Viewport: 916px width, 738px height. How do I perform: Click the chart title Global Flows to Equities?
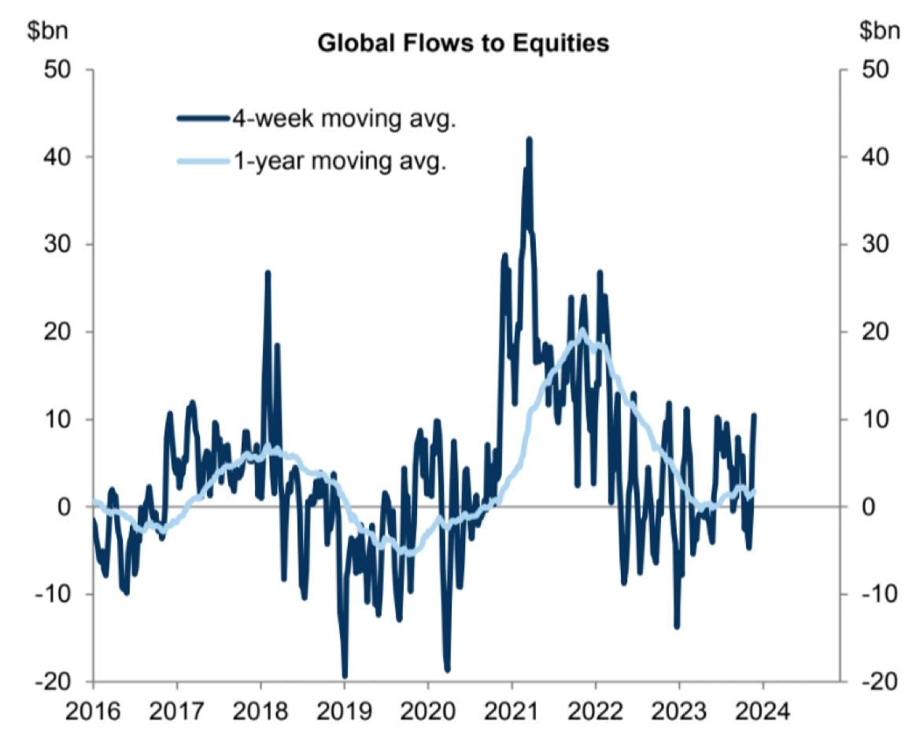pos(463,43)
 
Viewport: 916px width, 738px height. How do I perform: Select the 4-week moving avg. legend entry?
pos(343,119)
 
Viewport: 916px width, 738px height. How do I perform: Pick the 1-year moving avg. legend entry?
pos(338,164)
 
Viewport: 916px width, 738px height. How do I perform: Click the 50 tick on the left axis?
pos(55,69)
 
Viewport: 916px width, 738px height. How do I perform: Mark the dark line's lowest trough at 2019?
pos(344,675)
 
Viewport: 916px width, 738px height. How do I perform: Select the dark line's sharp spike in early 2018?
pos(268,273)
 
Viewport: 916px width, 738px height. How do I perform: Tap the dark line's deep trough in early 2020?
pos(447,670)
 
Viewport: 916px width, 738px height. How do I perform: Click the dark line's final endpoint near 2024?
pos(754,415)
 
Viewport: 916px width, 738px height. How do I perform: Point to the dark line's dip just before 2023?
pos(676,626)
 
